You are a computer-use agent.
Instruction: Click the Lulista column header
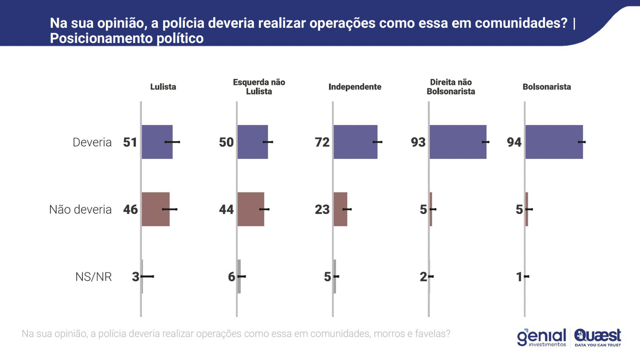(x=163, y=87)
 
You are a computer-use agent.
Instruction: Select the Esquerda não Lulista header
(x=259, y=87)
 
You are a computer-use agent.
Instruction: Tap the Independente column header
(x=355, y=87)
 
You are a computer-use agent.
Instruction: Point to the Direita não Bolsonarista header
(x=451, y=87)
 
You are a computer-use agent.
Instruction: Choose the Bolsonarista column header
(x=547, y=87)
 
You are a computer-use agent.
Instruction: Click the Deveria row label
(x=92, y=142)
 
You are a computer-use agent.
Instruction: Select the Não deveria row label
(x=80, y=209)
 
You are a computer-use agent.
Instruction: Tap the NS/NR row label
(x=93, y=277)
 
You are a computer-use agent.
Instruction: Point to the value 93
(x=418, y=142)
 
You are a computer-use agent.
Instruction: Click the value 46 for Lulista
(x=130, y=210)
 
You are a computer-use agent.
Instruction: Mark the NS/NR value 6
(x=231, y=277)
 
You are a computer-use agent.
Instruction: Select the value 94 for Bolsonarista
(x=514, y=142)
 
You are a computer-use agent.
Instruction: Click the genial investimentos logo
(x=541, y=337)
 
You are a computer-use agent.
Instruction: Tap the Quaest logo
(x=597, y=337)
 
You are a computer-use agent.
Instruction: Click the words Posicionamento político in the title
(x=127, y=38)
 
